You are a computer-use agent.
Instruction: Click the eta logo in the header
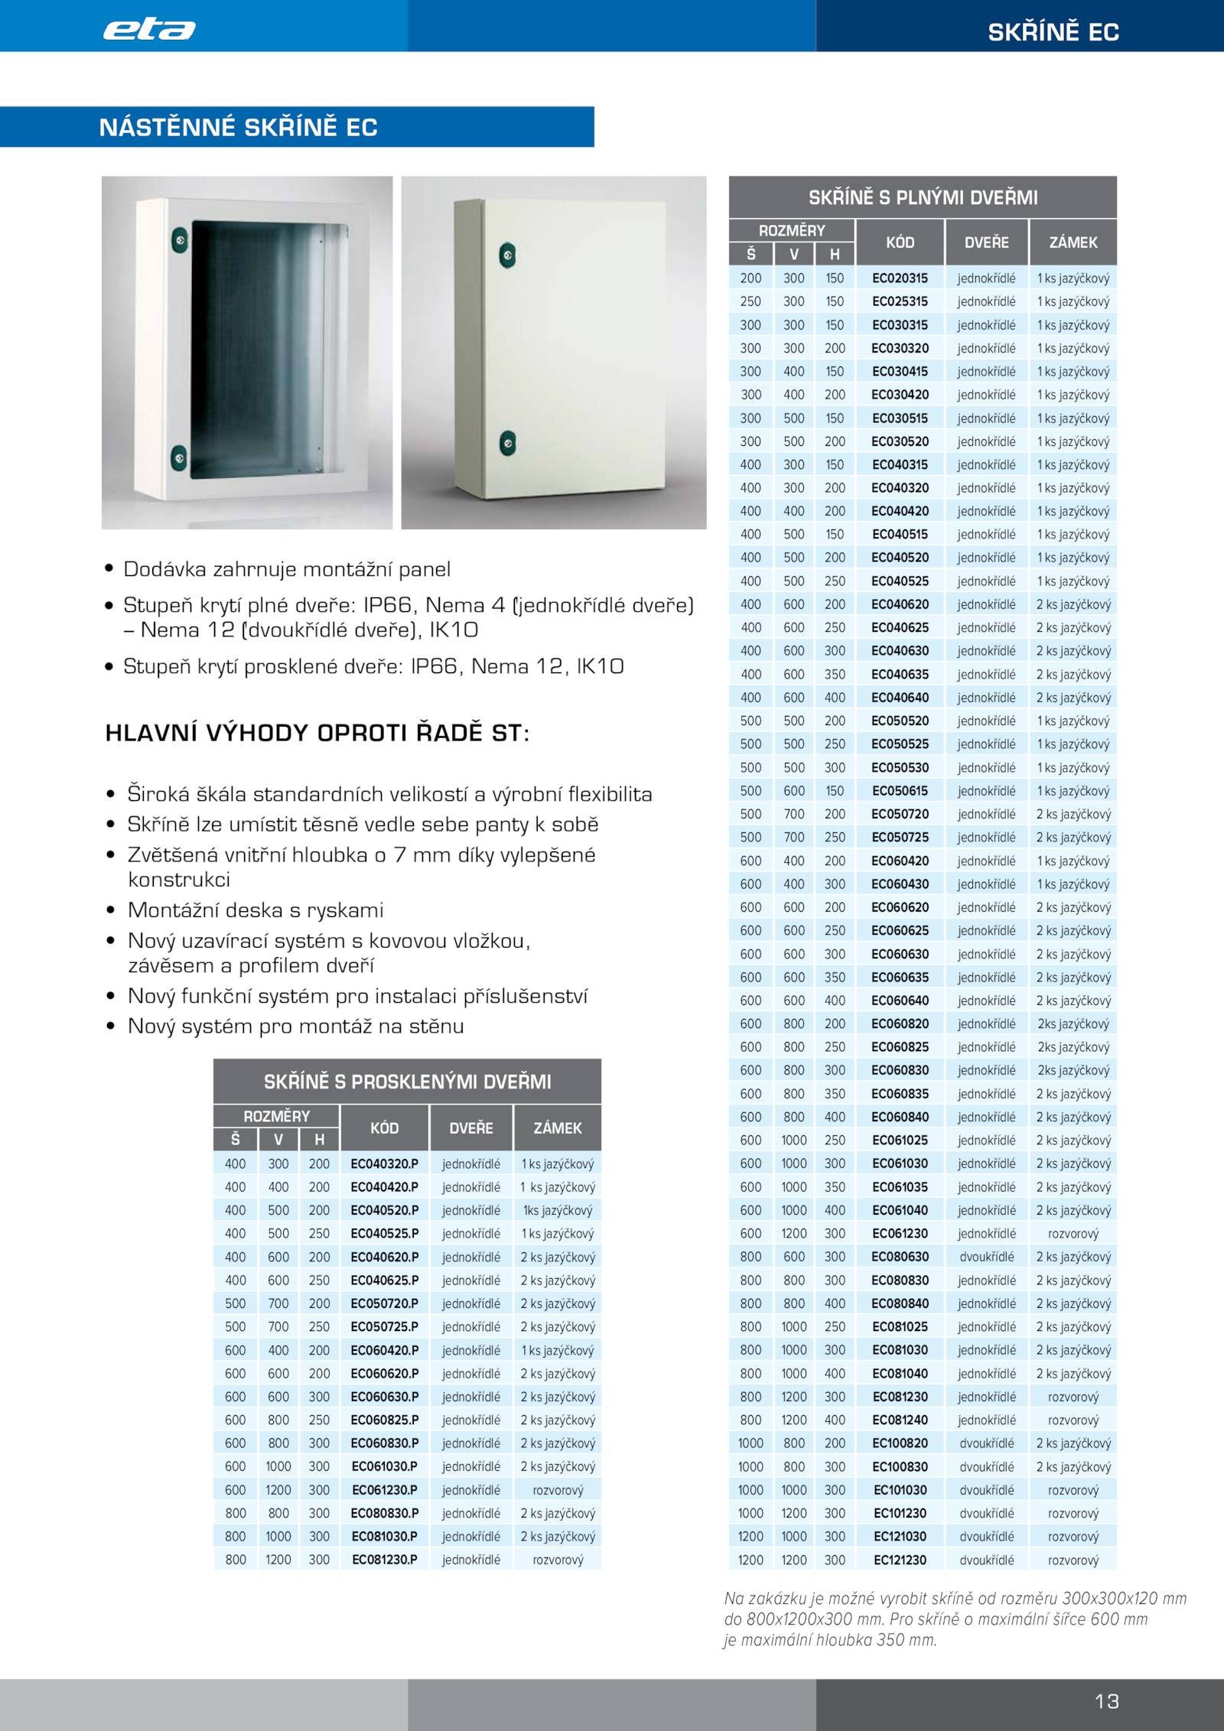(149, 29)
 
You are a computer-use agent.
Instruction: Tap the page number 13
(1107, 1700)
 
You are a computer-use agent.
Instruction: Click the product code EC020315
(900, 278)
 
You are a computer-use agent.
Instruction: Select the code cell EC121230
(900, 1560)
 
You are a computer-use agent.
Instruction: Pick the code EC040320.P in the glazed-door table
(384, 1163)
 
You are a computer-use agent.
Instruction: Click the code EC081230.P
(384, 1559)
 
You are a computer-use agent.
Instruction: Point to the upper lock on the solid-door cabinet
(507, 255)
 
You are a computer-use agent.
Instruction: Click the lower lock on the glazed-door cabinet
(178, 458)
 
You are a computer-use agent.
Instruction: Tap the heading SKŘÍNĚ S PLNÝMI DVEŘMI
(923, 197)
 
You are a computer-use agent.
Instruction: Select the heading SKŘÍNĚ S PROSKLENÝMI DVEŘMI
(407, 1082)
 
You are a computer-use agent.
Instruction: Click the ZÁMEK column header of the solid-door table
(1073, 242)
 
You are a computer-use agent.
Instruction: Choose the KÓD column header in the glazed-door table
(384, 1127)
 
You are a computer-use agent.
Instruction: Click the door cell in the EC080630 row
(986, 1257)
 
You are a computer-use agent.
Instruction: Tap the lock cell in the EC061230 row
(1073, 1233)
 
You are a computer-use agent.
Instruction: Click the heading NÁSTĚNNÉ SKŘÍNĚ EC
(238, 127)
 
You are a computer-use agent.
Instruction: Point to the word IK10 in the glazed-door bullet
(600, 666)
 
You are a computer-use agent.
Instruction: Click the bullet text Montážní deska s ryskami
(256, 910)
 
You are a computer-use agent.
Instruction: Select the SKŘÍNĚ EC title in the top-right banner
(1053, 31)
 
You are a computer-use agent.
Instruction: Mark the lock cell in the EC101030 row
(1073, 1490)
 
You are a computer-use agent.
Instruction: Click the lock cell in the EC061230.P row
(558, 1489)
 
